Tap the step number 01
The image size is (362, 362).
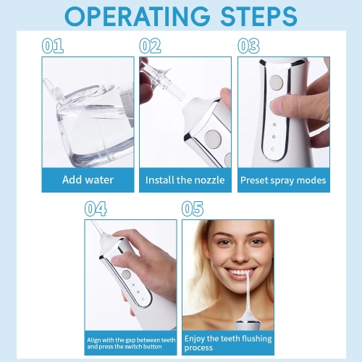54,46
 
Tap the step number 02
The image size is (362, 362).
151,46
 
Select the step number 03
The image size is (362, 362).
248,46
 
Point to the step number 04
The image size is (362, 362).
96,209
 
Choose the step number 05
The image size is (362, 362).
193,209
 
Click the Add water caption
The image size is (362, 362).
88,180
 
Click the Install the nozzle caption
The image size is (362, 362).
185,180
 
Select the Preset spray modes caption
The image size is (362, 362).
283,180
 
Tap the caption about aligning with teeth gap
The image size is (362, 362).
130,343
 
